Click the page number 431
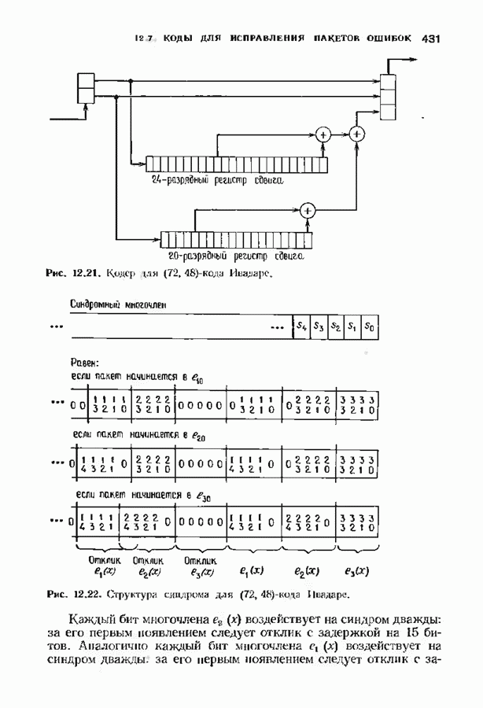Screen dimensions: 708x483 tap(434, 38)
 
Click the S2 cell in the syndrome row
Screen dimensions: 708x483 tap(336, 326)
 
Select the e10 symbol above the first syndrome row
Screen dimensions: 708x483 tap(197, 378)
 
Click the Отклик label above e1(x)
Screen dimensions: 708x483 tap(105, 560)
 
